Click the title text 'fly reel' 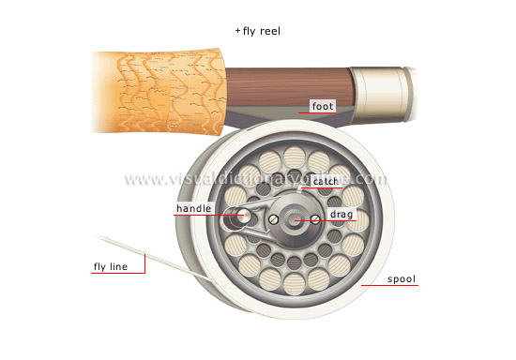(262, 30)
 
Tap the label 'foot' (322, 106)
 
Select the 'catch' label (326, 181)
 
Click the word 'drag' (341, 216)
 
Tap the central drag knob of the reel (294, 221)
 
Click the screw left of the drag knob (271, 219)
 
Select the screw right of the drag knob (316, 218)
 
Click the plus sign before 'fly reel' (238, 30)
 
